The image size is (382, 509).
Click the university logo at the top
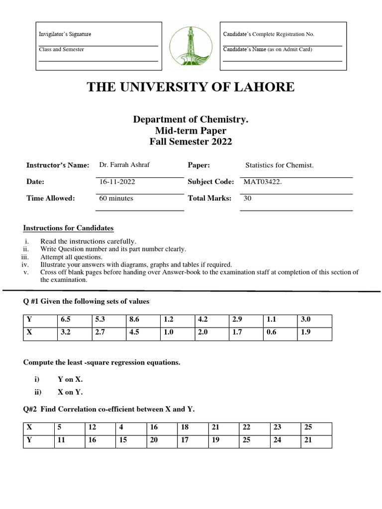(191, 46)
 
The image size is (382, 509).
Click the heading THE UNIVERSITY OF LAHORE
(191, 87)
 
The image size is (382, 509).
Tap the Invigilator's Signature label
(65, 34)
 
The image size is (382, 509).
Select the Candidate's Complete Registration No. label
(269, 34)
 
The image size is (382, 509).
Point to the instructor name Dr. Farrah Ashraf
(124, 165)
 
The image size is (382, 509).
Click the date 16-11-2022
(117, 182)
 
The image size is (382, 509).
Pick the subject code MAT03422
(263, 182)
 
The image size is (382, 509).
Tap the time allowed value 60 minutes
(116, 198)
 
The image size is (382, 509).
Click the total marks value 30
(247, 198)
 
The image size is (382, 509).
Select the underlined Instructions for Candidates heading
(69, 228)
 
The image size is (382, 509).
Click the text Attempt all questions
(71, 257)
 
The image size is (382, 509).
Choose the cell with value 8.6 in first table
(134, 320)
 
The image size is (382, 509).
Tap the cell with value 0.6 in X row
(271, 333)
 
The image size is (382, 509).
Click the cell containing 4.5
(134, 333)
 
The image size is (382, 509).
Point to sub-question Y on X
(70, 379)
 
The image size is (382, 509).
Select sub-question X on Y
(70, 392)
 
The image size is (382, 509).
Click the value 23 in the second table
(277, 427)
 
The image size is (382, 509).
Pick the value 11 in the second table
(62, 440)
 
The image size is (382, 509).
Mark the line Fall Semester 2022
(191, 142)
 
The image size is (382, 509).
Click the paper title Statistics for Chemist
(280, 165)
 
